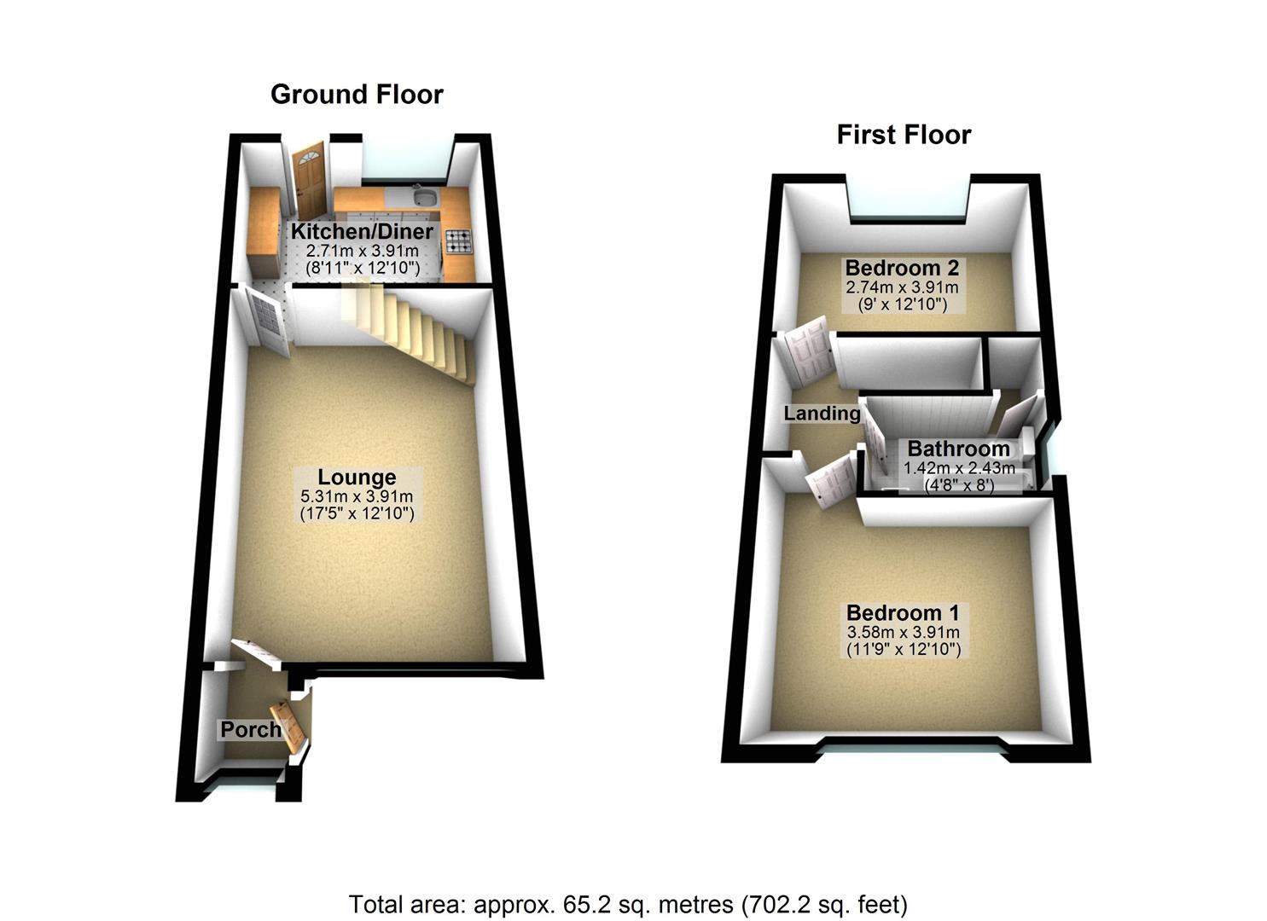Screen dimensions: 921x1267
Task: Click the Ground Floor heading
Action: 357,94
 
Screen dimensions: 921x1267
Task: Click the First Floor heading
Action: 904,135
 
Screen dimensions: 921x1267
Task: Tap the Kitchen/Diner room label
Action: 362,231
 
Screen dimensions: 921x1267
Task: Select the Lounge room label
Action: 357,478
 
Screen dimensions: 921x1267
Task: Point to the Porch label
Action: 250,730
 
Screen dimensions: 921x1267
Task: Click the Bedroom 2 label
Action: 902,269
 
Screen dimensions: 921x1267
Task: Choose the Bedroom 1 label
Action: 903,612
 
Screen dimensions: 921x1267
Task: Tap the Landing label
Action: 822,414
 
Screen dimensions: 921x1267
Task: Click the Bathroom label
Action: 958,449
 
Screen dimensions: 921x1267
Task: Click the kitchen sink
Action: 423,200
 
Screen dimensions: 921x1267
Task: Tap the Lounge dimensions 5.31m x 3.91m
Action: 357,497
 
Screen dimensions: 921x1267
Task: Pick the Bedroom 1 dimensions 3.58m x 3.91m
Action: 903,633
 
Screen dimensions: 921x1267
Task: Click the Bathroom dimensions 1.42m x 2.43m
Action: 959,467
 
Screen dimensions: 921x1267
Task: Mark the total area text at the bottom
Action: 628,903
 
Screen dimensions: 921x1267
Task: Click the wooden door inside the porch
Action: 288,726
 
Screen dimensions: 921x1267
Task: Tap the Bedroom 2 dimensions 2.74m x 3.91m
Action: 902,287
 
